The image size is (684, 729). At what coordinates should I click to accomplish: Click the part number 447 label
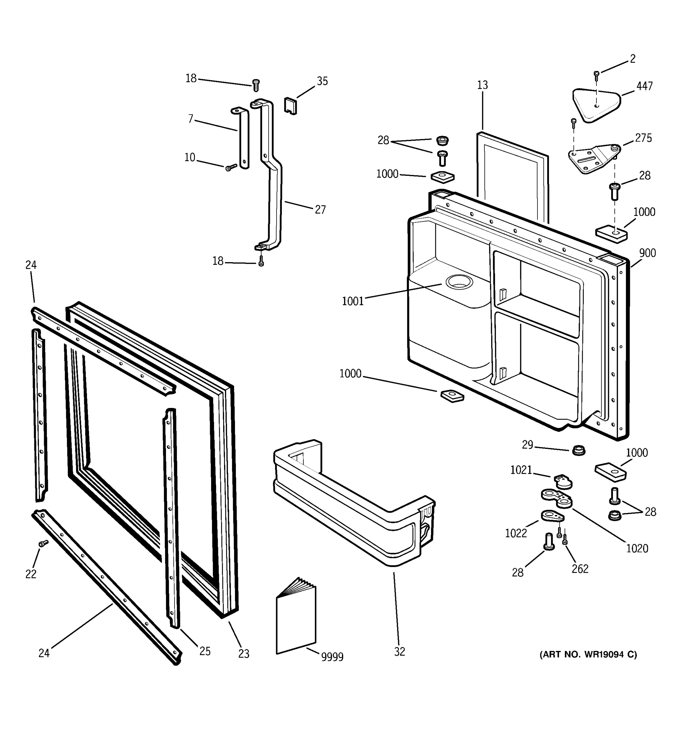click(644, 86)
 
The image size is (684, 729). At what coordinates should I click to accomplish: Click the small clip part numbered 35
click(290, 106)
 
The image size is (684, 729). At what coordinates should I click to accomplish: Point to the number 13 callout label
click(482, 85)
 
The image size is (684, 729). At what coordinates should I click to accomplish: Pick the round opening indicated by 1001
click(459, 282)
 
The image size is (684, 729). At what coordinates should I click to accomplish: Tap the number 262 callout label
click(580, 569)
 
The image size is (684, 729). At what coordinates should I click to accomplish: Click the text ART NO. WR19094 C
click(588, 654)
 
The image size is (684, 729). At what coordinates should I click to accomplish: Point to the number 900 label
click(647, 253)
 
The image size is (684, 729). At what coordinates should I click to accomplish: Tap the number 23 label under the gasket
click(244, 653)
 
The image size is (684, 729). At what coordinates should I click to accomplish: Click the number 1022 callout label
click(516, 533)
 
